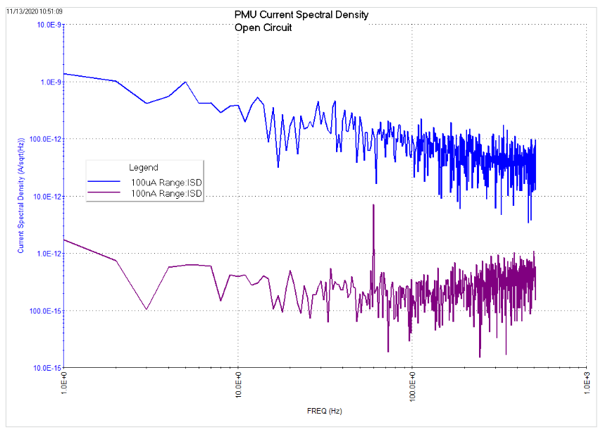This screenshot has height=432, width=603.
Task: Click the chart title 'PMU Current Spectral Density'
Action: (301, 15)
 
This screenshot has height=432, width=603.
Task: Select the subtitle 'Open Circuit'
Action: (263, 28)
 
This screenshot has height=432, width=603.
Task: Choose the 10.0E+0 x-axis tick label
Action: (238, 385)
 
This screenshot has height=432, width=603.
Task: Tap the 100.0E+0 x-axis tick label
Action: (413, 386)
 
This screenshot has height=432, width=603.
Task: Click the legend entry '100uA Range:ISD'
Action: (166, 183)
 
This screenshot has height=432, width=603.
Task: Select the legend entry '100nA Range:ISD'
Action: (166, 192)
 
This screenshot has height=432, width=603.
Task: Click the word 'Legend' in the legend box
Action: (143, 168)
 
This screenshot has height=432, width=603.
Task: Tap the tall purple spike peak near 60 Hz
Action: (373, 205)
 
